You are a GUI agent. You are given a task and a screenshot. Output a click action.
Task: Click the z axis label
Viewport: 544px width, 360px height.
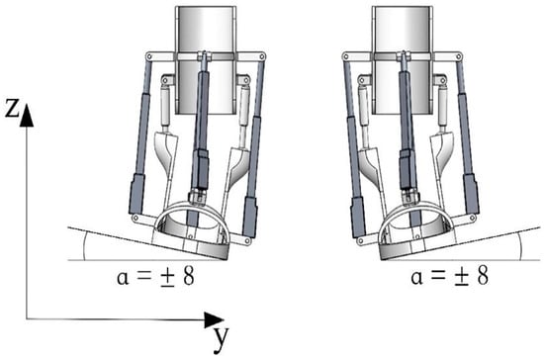coord(12,108)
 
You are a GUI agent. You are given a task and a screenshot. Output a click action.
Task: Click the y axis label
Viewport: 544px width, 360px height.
coord(221,337)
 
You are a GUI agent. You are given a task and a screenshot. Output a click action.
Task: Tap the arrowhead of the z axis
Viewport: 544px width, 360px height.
coord(27,115)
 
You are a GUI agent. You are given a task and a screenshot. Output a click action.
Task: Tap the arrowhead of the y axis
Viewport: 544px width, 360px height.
coord(214,319)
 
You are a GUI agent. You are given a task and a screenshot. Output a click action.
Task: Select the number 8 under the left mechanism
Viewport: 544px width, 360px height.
coord(189,276)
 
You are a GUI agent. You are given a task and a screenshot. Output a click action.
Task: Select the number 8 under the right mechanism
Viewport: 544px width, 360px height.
coord(483,275)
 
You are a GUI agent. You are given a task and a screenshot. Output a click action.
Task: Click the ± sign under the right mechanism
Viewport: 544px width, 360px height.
coord(462,277)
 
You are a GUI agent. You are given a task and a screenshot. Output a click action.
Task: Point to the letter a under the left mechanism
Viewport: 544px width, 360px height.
coord(123,278)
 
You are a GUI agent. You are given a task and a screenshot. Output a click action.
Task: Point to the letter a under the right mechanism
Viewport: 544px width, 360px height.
coord(416,277)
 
